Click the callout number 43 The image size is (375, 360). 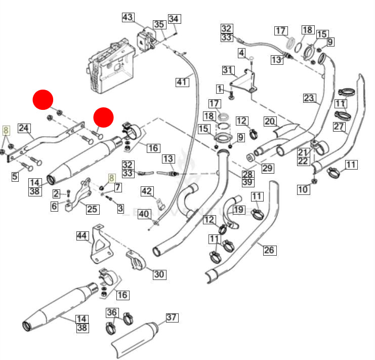(x=128, y=18)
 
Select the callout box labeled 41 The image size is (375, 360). (x=182, y=81)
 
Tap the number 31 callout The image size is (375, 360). (x=228, y=70)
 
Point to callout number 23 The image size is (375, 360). (x=309, y=98)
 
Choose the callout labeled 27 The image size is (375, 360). (x=339, y=127)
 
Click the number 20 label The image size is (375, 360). (x=270, y=121)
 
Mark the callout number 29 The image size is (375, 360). (x=267, y=168)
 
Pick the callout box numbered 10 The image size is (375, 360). (x=303, y=190)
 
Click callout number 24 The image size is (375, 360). (x=24, y=128)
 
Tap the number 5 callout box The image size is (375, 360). (x=15, y=177)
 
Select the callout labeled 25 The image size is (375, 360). (x=92, y=208)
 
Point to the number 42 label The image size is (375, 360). (x=147, y=191)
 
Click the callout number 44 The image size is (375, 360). (x=82, y=235)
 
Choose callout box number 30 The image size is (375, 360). (x=159, y=274)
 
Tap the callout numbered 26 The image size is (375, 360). (x=269, y=250)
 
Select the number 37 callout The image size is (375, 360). (x=172, y=317)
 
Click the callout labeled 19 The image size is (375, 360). (x=238, y=209)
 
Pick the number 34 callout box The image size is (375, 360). (x=174, y=19)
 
